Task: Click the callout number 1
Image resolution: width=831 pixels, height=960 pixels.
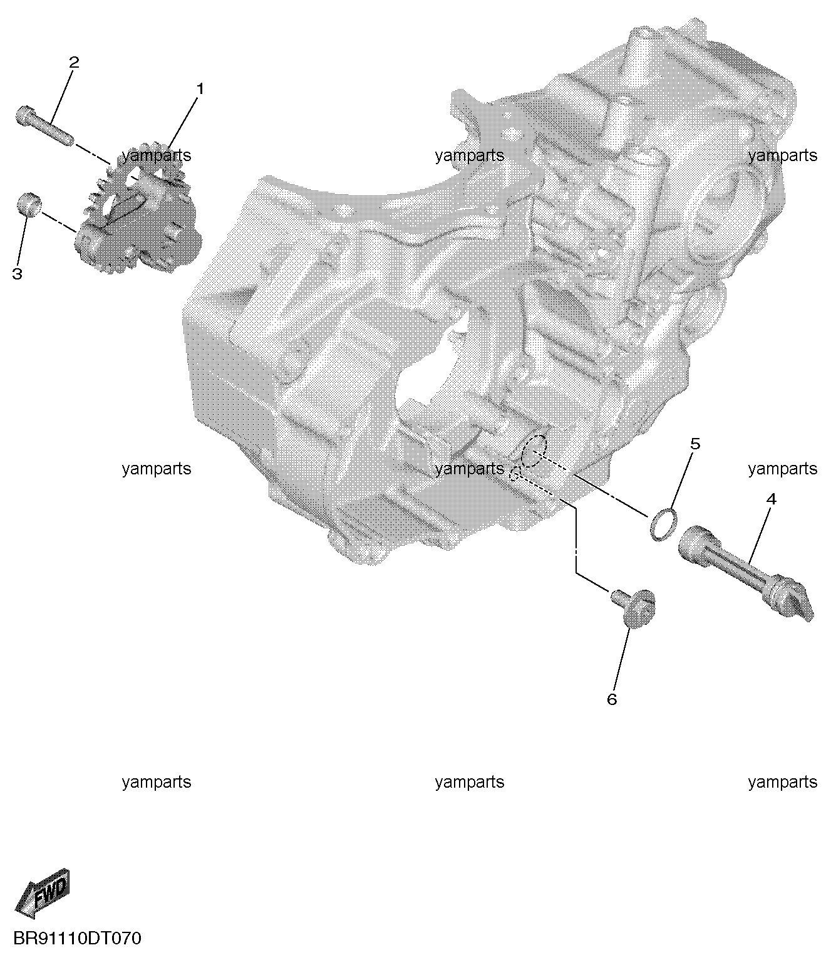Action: [x=200, y=88]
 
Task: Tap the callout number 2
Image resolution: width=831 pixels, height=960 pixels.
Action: [x=74, y=62]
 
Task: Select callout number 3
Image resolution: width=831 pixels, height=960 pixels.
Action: [x=17, y=274]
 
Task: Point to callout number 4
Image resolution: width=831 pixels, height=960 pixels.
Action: [x=771, y=499]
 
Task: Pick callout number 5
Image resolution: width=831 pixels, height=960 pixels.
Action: [x=695, y=444]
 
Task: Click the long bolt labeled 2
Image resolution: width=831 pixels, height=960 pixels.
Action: [x=44, y=125]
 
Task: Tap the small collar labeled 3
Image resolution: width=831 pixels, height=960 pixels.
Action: [x=29, y=204]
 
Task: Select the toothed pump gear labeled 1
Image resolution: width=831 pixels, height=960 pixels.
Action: [x=138, y=209]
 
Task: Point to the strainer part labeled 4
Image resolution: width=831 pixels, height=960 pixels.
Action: [x=746, y=572]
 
